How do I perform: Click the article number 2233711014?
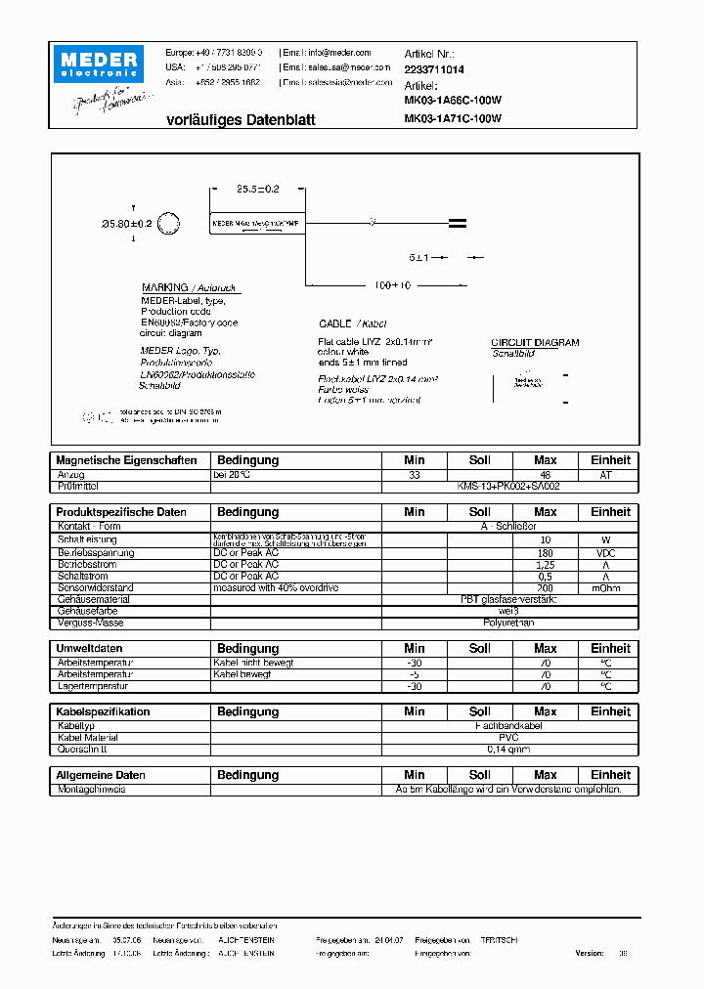coord(434,70)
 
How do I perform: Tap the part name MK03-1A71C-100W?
coord(453,119)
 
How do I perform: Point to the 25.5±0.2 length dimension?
coord(258,189)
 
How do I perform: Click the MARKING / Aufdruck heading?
coord(191,288)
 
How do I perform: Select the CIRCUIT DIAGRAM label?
coord(535,343)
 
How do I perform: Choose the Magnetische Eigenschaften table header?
coord(127,460)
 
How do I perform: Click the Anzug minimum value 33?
coord(415,474)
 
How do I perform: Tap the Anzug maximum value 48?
coord(545,474)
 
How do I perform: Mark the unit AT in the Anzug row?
coord(610,474)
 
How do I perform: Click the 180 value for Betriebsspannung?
coord(545,552)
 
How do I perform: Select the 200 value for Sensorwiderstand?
coord(545,587)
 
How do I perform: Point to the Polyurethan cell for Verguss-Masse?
coord(508,623)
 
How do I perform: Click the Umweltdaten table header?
coord(90,648)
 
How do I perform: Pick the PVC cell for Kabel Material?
coord(508,738)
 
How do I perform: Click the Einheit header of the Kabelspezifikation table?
coord(610,711)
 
